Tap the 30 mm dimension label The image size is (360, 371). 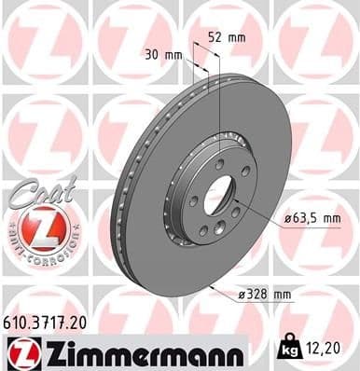click(x=165, y=54)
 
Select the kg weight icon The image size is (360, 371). click(x=287, y=350)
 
